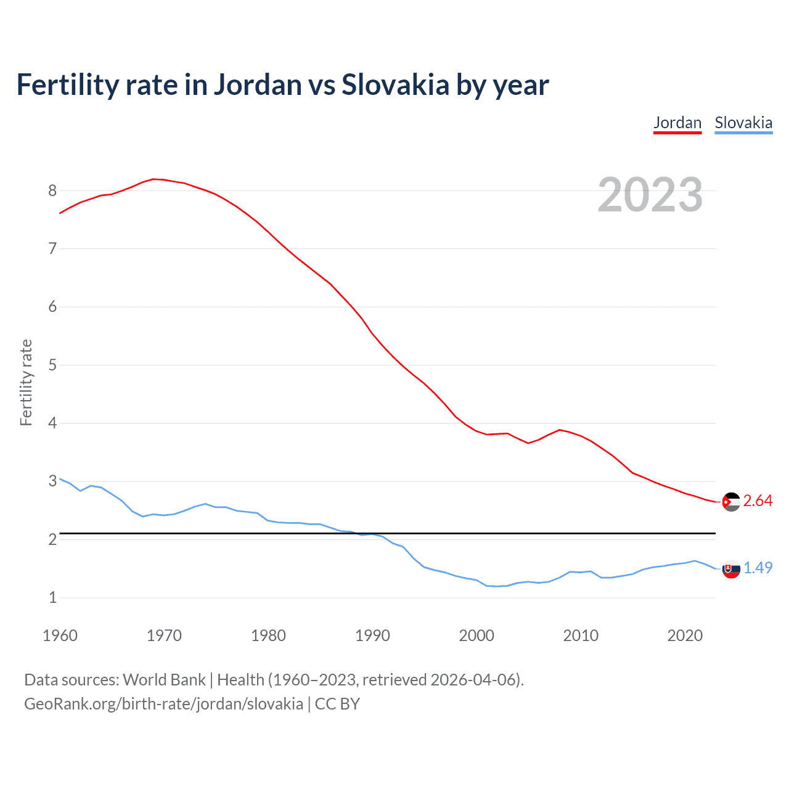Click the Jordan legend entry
pyautogui.click(x=677, y=123)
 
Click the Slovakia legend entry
pyautogui.click(x=743, y=123)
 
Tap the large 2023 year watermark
pyautogui.click(x=650, y=195)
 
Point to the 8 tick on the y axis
pyautogui.click(x=52, y=190)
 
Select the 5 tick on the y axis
pyautogui.click(x=52, y=365)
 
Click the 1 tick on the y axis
pyautogui.click(x=52, y=597)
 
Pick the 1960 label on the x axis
pyautogui.click(x=60, y=636)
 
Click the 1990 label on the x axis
pyautogui.click(x=372, y=636)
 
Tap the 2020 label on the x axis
pyautogui.click(x=685, y=636)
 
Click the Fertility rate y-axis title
pyautogui.click(x=26, y=382)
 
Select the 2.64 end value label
pyautogui.click(x=758, y=501)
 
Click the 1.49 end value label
pyautogui.click(x=758, y=568)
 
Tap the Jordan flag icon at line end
pyautogui.click(x=731, y=502)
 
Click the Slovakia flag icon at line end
pyautogui.click(x=731, y=569)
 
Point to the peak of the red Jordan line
pyautogui.click(x=154, y=179)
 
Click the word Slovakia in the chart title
pyautogui.click(x=395, y=84)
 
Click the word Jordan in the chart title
pyautogui.click(x=258, y=84)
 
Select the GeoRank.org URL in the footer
pyautogui.click(x=163, y=704)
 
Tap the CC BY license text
pyautogui.click(x=337, y=704)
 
